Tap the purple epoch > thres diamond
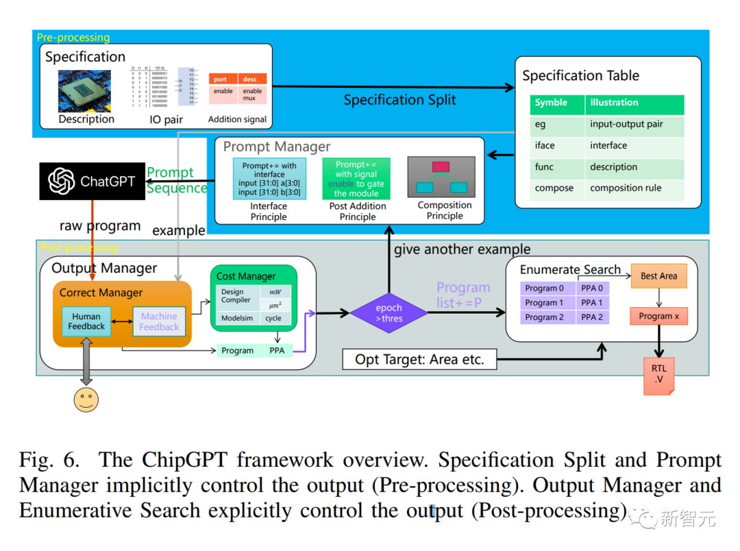388,313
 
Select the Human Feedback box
86,322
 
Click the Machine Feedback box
159,322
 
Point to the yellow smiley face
86,399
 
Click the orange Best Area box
658,276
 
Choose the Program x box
658,316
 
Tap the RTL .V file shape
658,376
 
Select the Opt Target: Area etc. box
419,359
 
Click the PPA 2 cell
592,317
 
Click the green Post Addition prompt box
356,179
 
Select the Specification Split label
399,100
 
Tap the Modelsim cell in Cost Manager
236,319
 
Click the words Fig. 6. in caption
53,461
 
